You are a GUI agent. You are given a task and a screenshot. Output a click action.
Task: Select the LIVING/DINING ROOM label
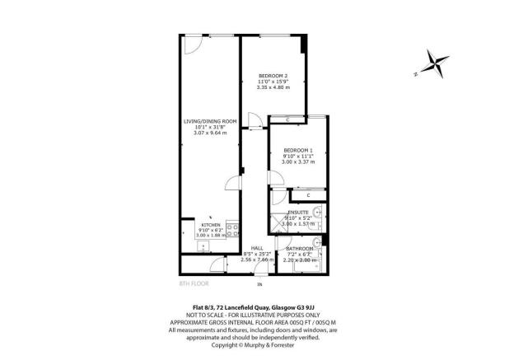point(210,121)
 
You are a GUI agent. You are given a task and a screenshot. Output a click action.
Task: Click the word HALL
point(257,248)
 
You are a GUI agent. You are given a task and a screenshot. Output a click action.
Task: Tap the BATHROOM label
point(299,248)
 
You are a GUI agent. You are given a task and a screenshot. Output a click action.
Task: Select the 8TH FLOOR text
point(194,283)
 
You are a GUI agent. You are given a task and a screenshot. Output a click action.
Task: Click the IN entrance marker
point(258,285)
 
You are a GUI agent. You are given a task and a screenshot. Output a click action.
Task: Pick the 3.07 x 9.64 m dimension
point(210,133)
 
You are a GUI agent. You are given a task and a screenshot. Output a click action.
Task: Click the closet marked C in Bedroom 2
point(287,120)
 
